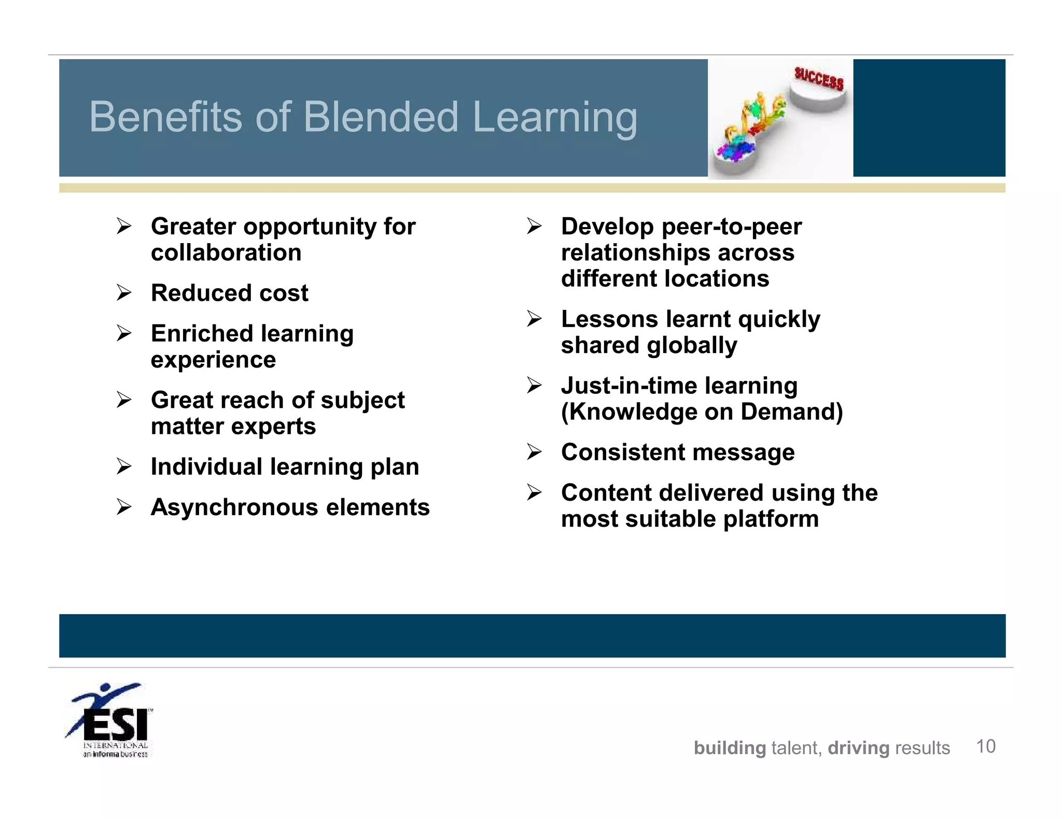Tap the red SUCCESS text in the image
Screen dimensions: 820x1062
click(819, 78)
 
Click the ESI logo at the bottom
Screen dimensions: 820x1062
click(111, 720)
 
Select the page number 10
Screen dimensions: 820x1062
click(985, 746)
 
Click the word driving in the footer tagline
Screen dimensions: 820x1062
click(858, 748)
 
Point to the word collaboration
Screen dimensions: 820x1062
click(226, 253)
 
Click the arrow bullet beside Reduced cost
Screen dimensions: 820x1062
click(124, 293)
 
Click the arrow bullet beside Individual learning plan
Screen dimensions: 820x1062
click(124, 466)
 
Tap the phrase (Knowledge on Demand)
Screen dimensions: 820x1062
click(702, 412)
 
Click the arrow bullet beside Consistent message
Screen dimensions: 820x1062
click(534, 452)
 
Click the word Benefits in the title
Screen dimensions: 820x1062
click(165, 117)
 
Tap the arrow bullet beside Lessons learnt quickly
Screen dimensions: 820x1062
click(534, 319)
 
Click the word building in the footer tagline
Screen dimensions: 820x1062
click(729, 748)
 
